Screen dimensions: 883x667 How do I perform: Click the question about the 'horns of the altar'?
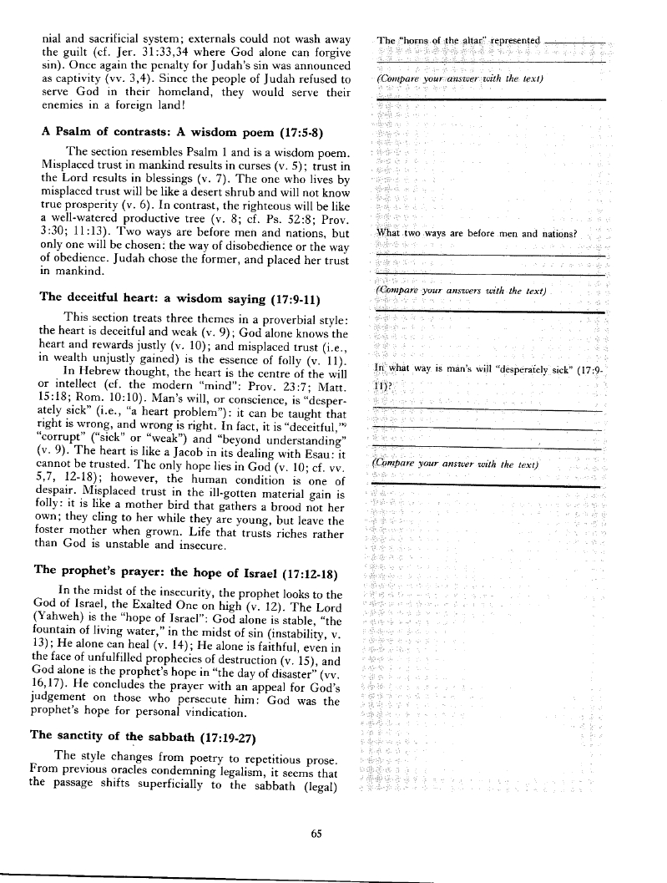tap(460, 40)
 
